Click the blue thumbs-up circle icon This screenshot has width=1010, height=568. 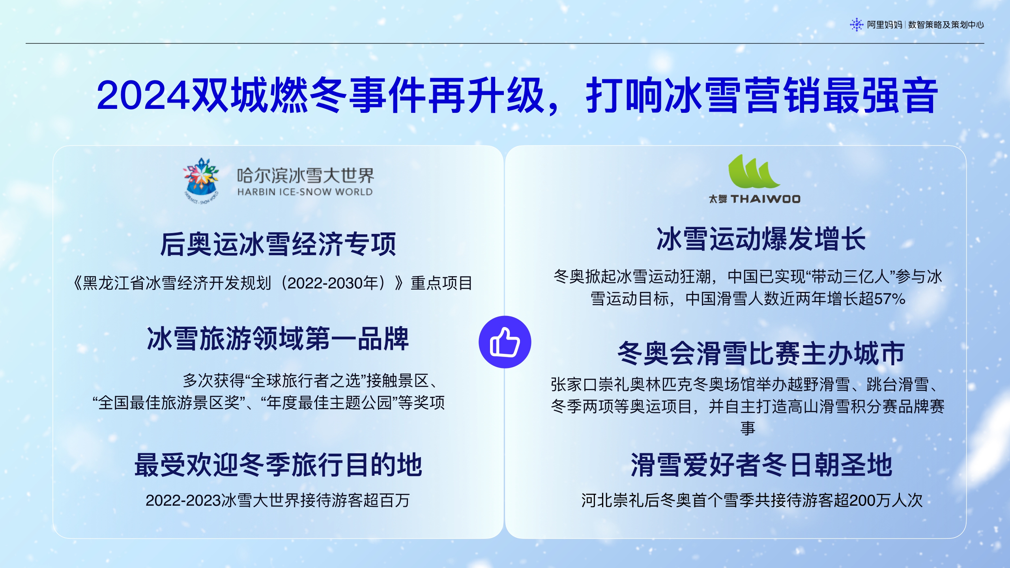(x=505, y=342)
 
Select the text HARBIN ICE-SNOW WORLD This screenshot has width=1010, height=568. (x=305, y=192)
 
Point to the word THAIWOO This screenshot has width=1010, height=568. (x=765, y=199)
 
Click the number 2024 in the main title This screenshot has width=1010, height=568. (x=143, y=96)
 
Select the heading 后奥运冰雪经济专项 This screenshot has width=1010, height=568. (x=278, y=244)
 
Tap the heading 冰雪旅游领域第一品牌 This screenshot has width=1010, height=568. (x=278, y=339)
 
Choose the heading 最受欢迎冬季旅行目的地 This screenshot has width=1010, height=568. (x=278, y=465)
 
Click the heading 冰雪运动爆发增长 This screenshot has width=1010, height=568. (x=761, y=239)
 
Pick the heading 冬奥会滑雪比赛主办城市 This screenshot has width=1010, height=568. (x=761, y=353)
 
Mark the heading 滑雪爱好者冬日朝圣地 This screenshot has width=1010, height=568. (x=761, y=465)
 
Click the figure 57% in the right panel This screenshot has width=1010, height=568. (x=890, y=299)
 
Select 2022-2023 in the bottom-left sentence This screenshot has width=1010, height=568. (x=183, y=500)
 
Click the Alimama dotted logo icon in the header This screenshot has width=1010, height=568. (x=856, y=25)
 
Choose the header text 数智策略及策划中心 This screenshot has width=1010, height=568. (x=946, y=25)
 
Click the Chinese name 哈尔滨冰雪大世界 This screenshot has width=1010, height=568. (x=305, y=176)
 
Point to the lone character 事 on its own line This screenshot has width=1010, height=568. (x=748, y=428)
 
